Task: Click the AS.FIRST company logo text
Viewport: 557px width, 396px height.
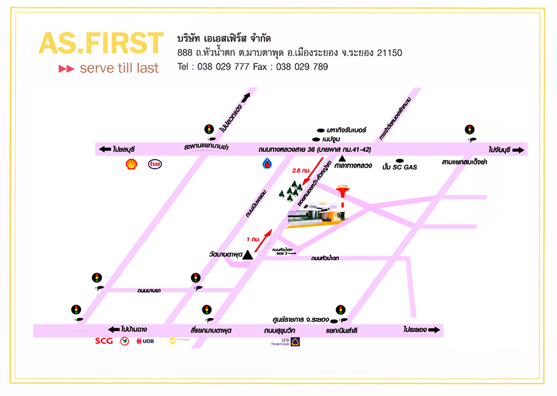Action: [101, 43]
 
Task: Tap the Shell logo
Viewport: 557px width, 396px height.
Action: [131, 163]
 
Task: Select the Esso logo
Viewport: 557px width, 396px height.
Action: [155, 163]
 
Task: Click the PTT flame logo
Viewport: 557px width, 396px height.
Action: [267, 163]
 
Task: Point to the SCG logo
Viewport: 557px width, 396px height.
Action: [104, 341]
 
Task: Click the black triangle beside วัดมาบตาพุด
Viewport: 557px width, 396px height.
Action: [247, 256]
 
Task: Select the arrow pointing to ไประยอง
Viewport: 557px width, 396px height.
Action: [434, 330]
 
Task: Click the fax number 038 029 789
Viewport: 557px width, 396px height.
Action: [302, 66]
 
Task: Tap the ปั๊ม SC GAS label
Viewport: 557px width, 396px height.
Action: [399, 166]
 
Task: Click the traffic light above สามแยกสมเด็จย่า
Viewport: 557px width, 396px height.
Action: [469, 129]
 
